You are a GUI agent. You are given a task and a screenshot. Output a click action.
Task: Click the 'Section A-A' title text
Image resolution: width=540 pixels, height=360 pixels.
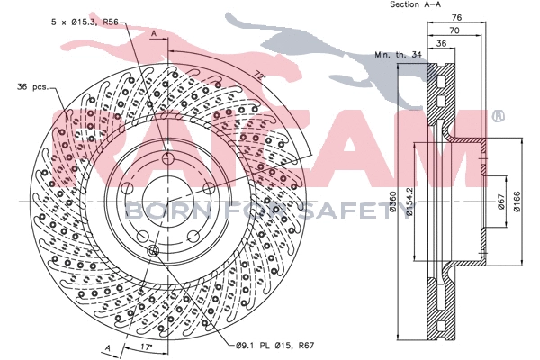coord(415,5)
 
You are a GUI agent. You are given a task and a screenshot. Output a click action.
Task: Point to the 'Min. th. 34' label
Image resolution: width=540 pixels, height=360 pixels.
coord(398,55)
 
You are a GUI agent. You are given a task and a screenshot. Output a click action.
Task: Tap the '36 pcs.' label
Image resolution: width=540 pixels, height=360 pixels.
coord(32,86)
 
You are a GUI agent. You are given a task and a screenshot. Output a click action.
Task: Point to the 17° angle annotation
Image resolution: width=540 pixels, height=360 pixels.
coord(146,345)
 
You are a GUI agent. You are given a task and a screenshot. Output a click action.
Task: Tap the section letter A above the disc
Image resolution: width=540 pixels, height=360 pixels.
coord(154,33)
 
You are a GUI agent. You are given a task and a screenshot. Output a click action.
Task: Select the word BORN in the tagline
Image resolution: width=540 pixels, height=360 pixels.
coord(154,212)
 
